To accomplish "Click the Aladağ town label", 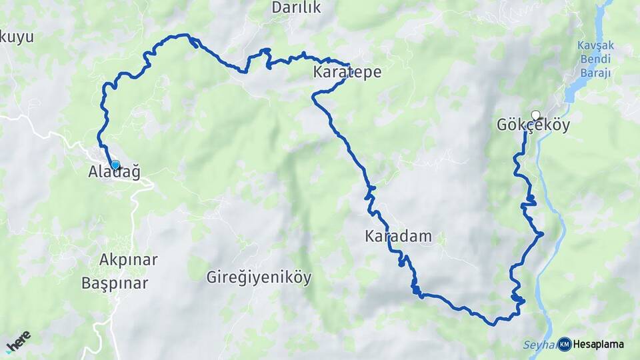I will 114,173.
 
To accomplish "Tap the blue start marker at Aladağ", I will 115,165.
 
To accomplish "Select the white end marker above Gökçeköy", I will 535,115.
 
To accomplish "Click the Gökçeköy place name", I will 533,125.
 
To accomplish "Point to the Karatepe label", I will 347,73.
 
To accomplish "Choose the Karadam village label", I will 398,236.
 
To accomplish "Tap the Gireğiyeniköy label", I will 259,277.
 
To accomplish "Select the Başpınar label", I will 115,283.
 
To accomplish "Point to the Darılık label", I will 297,8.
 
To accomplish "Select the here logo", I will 18,341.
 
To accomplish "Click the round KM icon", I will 565,344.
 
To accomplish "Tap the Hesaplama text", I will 598,345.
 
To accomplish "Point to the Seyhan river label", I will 537,345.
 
